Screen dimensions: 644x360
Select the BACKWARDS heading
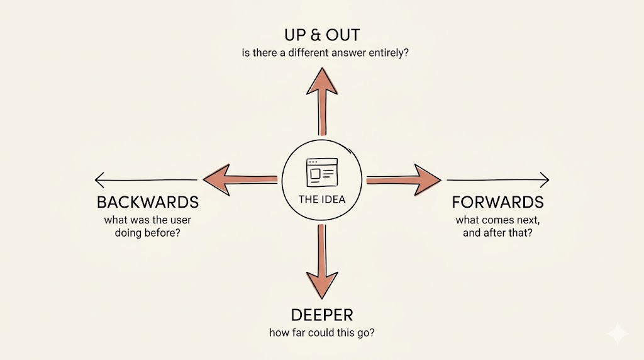tap(148, 203)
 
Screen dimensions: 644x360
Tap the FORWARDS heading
tap(497, 203)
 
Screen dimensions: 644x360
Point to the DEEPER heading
tap(323, 315)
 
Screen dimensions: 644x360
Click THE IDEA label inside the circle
tap(322, 200)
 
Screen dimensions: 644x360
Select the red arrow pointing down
tap(322, 264)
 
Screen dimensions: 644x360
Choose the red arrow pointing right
tap(406, 180)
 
